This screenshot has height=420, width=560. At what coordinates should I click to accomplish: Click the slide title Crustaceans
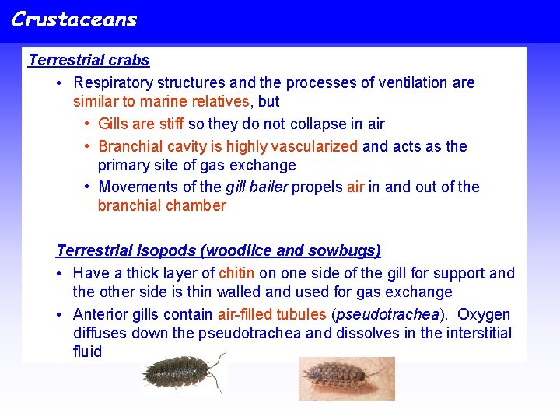(x=74, y=19)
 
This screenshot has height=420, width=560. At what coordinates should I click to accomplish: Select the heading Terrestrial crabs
(x=89, y=60)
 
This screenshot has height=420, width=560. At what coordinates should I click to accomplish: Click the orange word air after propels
(x=355, y=187)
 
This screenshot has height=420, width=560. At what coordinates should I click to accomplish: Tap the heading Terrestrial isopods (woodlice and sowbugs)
(x=219, y=250)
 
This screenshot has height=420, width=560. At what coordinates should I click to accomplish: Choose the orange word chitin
(x=236, y=273)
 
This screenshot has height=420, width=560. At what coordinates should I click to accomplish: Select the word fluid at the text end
(x=87, y=352)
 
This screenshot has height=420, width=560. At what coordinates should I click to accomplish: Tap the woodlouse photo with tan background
(x=347, y=378)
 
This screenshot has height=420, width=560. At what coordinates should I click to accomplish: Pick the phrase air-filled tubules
(x=271, y=314)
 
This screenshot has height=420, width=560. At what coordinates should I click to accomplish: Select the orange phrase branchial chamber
(x=162, y=205)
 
